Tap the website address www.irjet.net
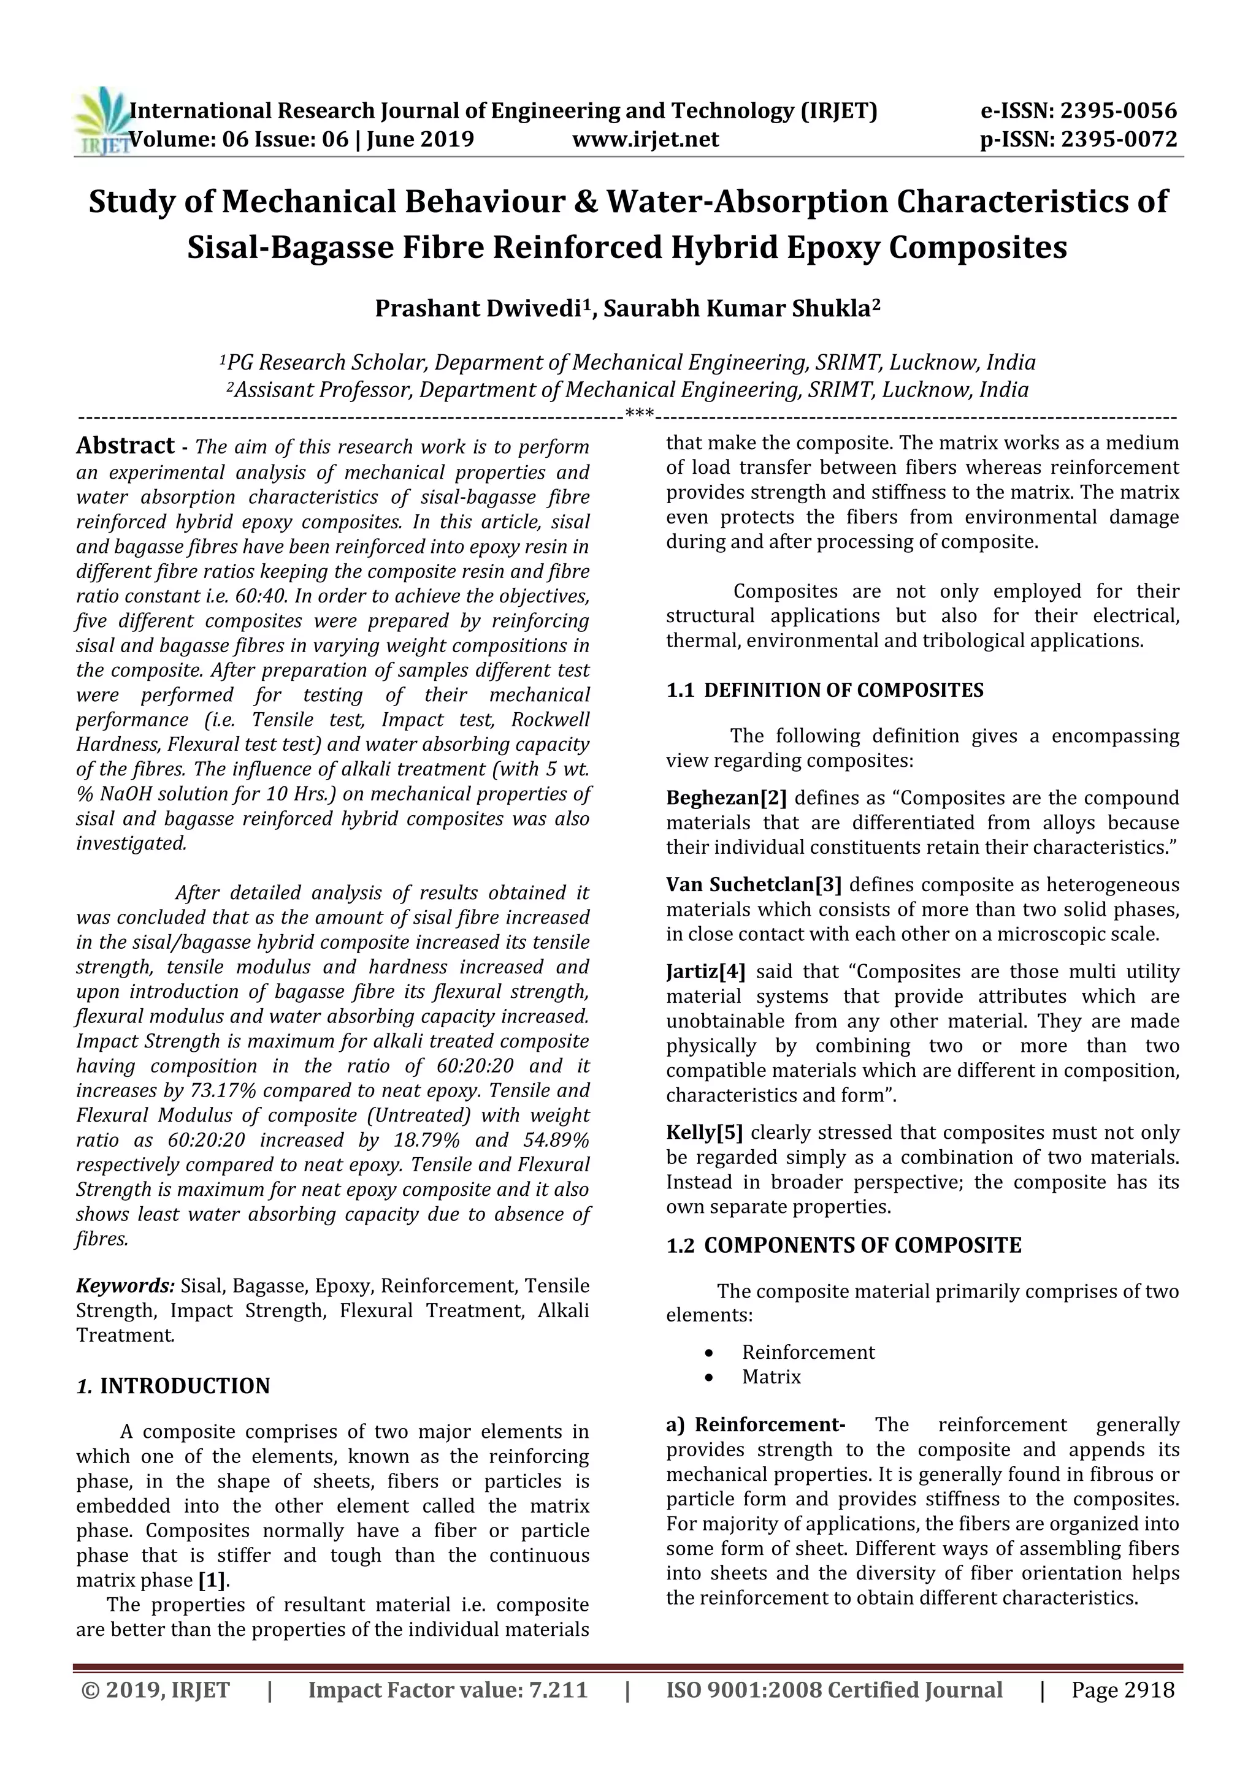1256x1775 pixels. (x=646, y=140)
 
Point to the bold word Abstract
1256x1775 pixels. (x=125, y=446)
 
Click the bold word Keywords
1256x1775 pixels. (x=125, y=1286)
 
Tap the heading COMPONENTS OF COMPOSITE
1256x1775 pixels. (x=862, y=1245)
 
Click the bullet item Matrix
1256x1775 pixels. (x=771, y=1377)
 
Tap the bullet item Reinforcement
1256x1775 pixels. (x=808, y=1352)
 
